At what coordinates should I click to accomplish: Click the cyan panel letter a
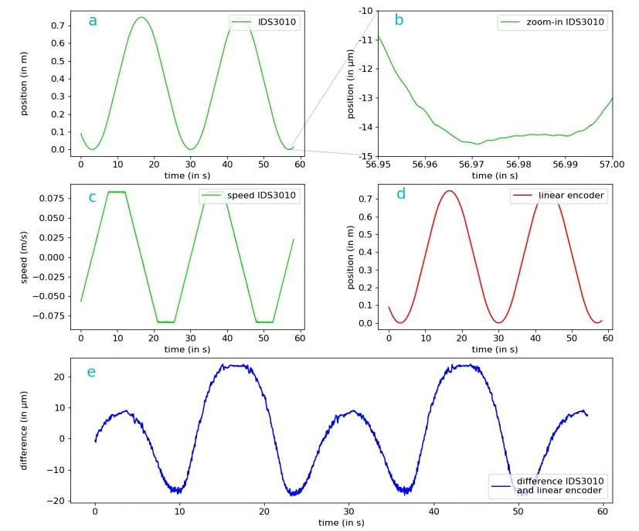[x=93, y=21]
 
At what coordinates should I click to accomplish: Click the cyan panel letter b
[x=399, y=19]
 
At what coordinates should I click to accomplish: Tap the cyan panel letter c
[x=93, y=198]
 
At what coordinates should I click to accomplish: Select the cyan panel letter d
[x=401, y=193]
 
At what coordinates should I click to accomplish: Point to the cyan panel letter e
[x=92, y=372]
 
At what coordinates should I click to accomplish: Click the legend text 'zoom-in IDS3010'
[x=565, y=22]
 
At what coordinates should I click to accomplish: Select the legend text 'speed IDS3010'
[x=261, y=196]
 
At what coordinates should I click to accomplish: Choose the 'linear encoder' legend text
[x=571, y=196]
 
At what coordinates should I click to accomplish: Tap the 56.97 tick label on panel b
[x=471, y=164]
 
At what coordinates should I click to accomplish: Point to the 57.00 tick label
[x=612, y=164]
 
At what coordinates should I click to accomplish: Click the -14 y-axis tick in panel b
[x=365, y=128]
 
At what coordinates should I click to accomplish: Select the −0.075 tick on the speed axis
[x=49, y=316]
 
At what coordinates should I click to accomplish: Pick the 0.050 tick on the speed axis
[x=52, y=218]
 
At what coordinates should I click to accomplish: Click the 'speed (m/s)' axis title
[x=25, y=257]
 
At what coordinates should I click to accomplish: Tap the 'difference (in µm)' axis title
[x=25, y=431]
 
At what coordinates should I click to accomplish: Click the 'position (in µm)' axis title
[x=351, y=84]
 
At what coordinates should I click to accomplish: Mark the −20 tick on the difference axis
[x=56, y=502]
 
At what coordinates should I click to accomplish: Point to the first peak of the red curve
[x=449, y=191]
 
